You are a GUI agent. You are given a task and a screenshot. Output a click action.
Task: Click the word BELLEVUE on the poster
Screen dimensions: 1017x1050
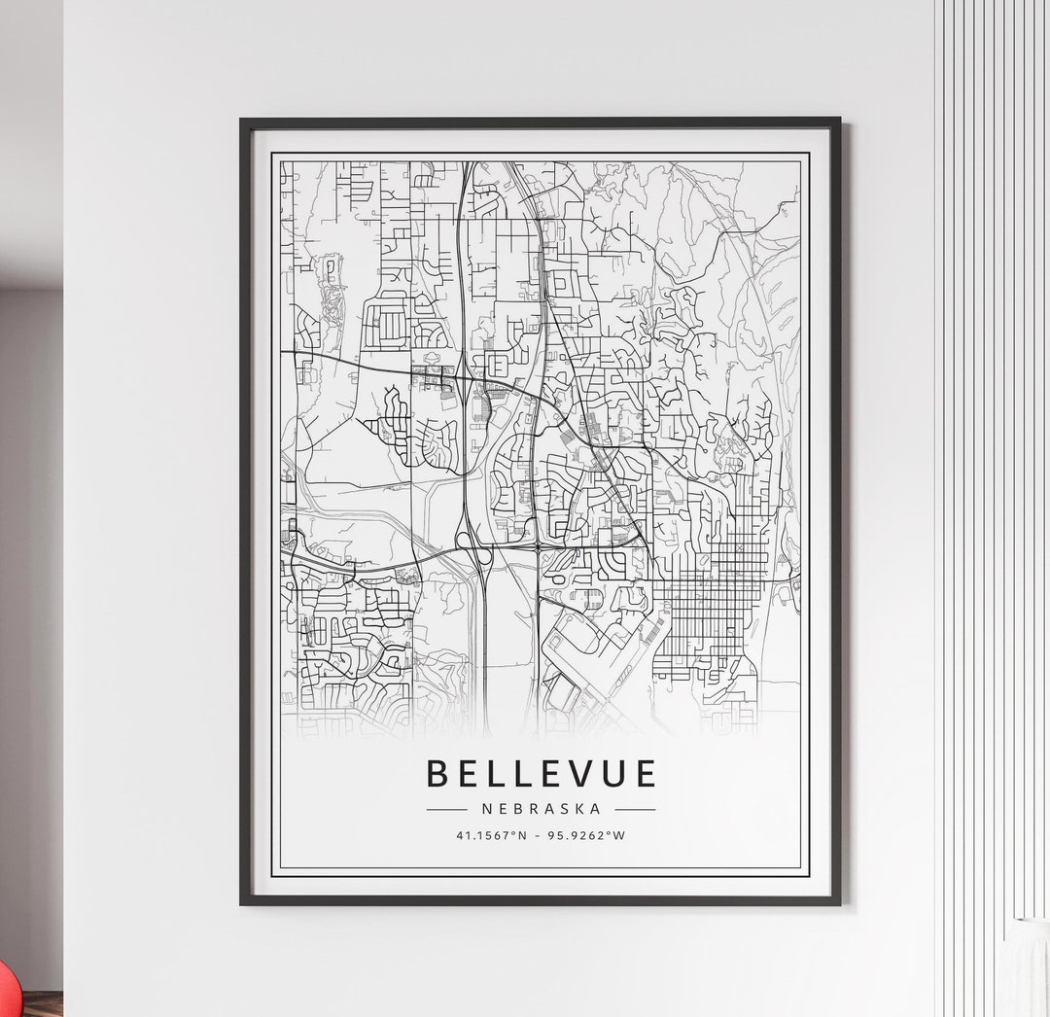(541, 773)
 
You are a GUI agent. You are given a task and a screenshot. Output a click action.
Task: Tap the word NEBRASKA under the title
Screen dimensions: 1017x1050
(541, 808)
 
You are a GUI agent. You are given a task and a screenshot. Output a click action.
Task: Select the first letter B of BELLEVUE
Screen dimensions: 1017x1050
(437, 773)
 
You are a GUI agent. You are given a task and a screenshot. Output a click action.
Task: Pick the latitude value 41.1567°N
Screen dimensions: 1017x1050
(492, 835)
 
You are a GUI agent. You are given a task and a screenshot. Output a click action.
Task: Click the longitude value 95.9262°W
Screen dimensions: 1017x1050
(587, 835)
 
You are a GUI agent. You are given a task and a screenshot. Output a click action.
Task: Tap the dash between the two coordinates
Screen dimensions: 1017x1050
(540, 835)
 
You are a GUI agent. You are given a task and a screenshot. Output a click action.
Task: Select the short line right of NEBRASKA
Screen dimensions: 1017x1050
(635, 808)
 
